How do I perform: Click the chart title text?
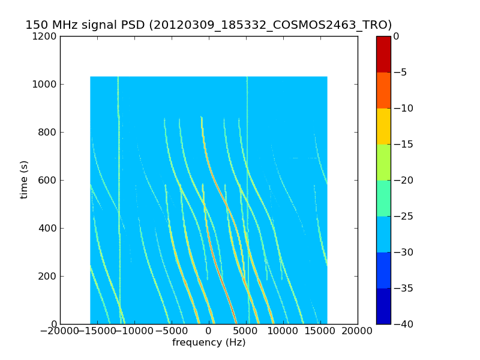208,25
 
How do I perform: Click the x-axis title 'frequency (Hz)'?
209,343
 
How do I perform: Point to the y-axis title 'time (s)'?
24,179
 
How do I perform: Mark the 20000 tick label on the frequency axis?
358,332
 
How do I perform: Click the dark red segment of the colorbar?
383,54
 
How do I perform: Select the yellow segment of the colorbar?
383,126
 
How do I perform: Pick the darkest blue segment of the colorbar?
383,306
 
